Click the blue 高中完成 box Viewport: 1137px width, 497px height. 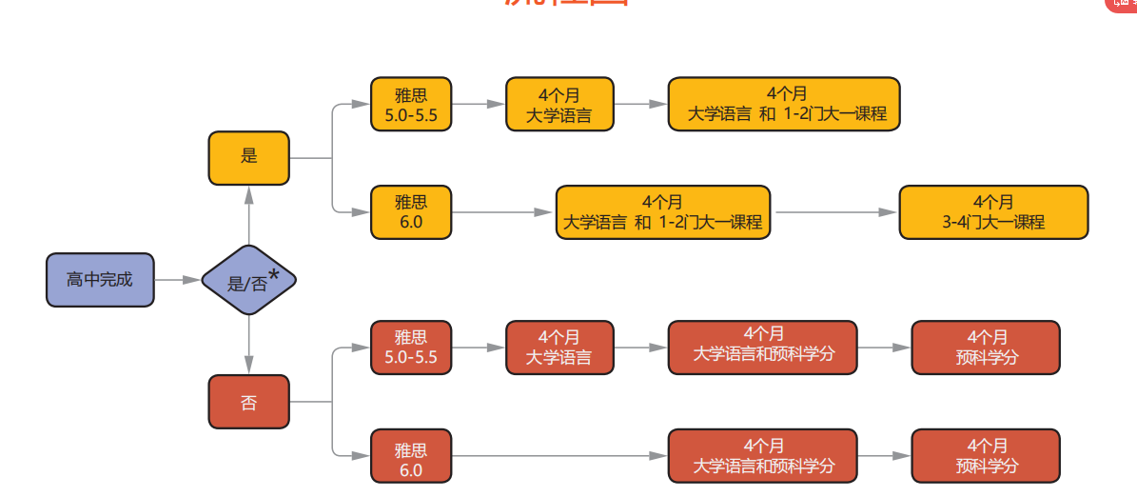100,280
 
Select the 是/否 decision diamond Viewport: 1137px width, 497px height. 248,280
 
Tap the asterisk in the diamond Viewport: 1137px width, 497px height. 274,276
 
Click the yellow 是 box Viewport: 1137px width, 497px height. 248,156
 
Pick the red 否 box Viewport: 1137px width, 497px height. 248,402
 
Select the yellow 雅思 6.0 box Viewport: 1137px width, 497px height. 411,212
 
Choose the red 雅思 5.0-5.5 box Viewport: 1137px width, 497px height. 411,348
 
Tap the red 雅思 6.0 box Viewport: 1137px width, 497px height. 411,457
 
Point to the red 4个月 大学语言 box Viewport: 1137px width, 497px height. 559,348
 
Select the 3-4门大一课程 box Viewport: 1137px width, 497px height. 993,212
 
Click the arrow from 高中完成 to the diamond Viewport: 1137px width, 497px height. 177,280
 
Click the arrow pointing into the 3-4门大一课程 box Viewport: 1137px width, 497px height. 835,212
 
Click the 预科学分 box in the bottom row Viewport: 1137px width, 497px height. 985,457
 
